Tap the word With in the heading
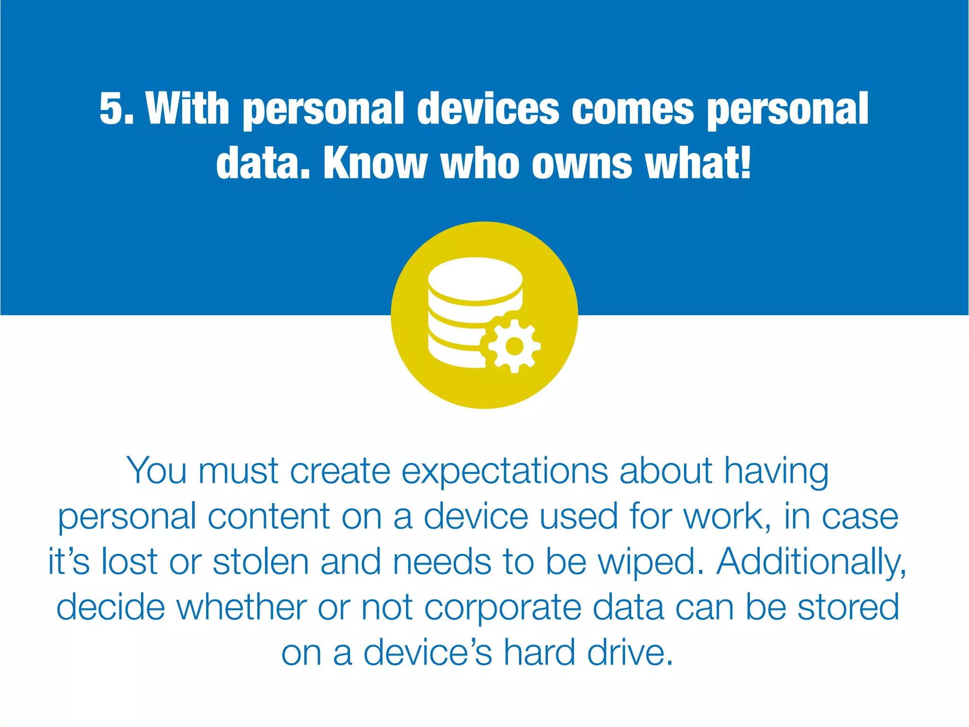click(x=188, y=109)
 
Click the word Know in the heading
click(x=375, y=163)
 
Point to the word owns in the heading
click(x=581, y=163)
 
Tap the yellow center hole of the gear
click(x=514, y=346)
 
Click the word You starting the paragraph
click(x=157, y=471)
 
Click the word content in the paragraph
click(x=268, y=516)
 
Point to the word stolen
click(x=261, y=562)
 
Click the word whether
click(x=241, y=607)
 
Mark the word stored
click(x=848, y=607)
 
